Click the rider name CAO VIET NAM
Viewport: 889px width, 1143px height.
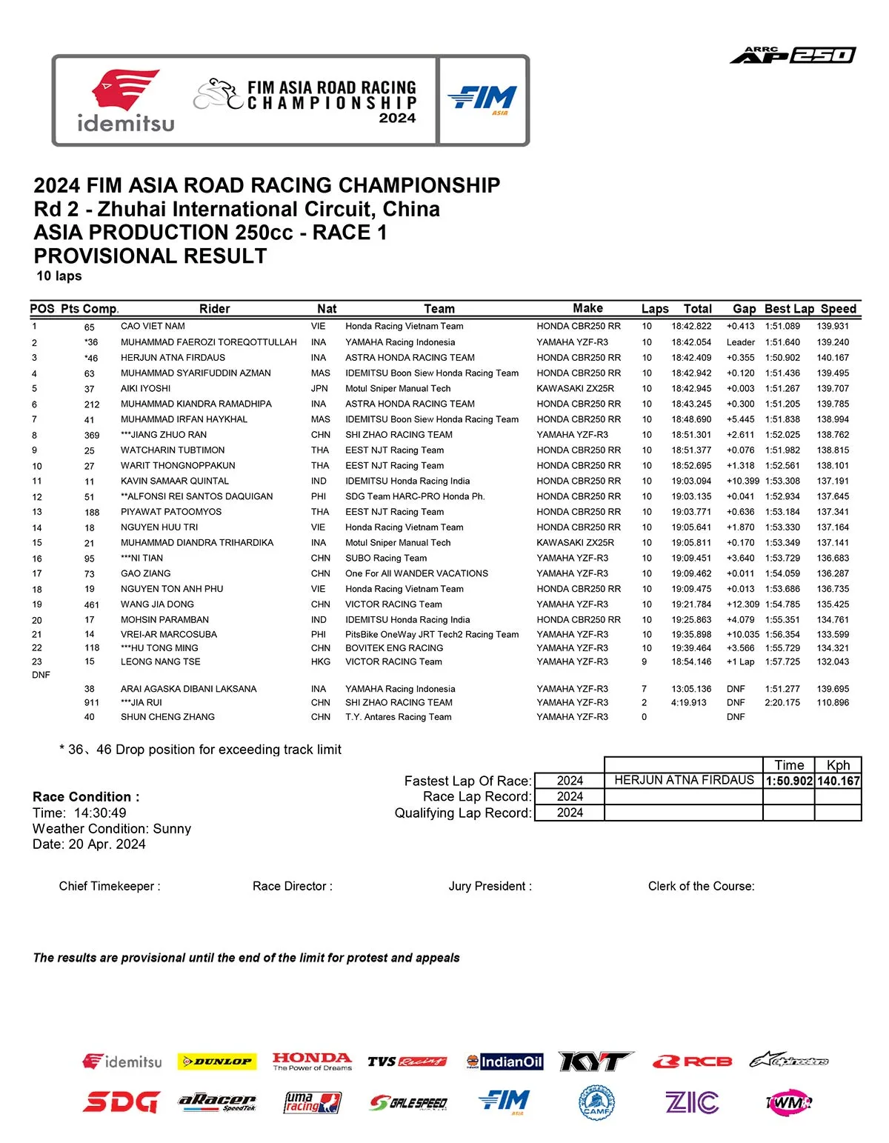[153, 326]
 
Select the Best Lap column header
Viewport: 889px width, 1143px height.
[789, 309]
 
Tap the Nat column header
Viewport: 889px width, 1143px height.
[327, 309]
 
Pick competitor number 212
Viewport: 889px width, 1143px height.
[92, 404]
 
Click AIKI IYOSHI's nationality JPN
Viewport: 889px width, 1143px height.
[319, 388]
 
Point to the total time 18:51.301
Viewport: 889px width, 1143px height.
[691, 435]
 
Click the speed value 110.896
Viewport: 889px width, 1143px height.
[833, 702]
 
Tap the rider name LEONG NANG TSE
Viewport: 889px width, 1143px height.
[161, 662]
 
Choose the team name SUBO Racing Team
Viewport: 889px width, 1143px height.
[386, 558]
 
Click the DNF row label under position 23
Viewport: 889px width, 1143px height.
[41, 675]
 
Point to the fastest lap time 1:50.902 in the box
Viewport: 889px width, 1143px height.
[789, 781]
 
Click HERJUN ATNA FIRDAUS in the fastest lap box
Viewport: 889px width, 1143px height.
[684, 780]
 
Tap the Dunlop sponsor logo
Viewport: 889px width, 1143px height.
[217, 1062]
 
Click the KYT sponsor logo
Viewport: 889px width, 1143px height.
[596, 1062]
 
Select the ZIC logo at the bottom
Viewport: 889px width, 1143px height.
[691, 1102]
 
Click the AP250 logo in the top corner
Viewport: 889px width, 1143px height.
[792, 55]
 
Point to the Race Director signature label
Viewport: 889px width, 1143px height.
[292, 886]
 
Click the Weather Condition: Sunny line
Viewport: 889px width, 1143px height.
[112, 829]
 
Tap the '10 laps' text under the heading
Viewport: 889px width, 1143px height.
[59, 276]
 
